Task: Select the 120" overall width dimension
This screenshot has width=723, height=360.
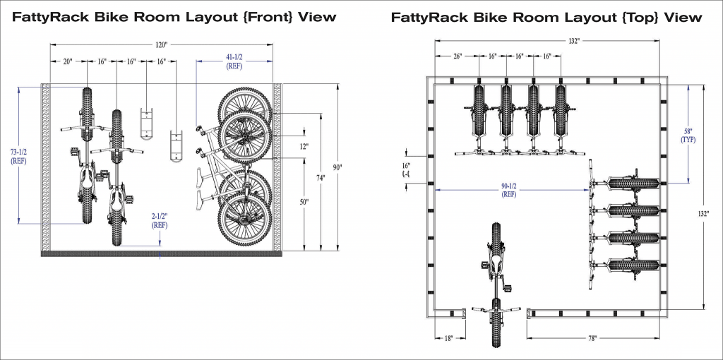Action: (161, 45)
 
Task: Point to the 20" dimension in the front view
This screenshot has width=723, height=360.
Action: (68, 62)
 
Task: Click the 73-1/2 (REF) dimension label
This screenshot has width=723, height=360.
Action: (19, 156)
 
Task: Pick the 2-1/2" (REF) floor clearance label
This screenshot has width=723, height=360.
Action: (160, 221)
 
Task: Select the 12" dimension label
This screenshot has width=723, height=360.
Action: (304, 146)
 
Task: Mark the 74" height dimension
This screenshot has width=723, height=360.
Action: (321, 179)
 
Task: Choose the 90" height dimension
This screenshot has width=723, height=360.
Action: (337, 167)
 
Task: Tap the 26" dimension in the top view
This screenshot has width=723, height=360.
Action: (457, 56)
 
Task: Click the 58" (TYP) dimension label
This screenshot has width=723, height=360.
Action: (688, 136)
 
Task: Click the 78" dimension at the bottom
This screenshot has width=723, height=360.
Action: (592, 339)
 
